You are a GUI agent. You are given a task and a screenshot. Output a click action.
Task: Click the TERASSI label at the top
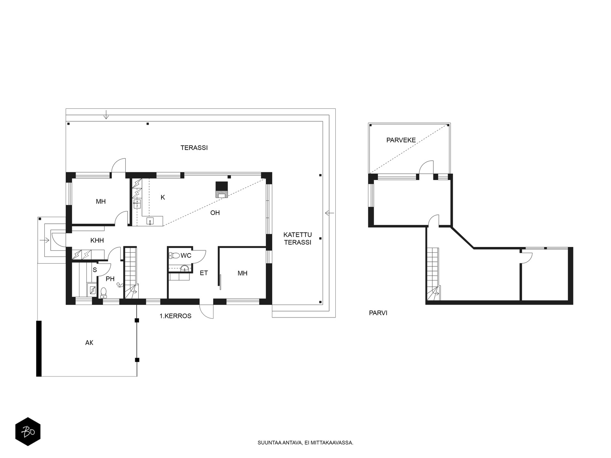click(194, 148)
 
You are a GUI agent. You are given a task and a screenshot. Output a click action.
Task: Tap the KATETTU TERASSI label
click(297, 239)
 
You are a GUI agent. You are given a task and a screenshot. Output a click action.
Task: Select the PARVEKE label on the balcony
click(401, 140)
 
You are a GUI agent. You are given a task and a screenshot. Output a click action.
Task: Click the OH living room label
click(215, 213)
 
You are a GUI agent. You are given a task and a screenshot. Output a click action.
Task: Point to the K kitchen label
click(163, 197)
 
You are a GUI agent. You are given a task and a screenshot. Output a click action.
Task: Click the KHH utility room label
click(97, 240)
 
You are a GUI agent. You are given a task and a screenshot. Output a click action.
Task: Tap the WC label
click(186, 255)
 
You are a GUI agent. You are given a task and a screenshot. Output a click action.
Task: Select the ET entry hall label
click(204, 273)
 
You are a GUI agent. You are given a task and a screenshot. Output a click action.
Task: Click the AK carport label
click(89, 343)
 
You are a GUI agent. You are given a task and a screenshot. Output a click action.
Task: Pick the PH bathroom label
click(110, 279)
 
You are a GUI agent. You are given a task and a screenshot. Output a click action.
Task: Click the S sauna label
click(95, 270)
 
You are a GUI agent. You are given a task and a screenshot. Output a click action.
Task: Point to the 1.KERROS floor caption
click(175, 316)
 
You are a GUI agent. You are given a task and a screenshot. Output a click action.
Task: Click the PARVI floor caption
click(378, 313)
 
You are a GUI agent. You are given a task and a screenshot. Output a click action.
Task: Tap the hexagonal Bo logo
click(28, 432)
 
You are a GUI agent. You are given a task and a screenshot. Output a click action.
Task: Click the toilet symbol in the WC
click(174, 255)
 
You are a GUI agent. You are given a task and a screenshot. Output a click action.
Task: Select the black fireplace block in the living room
click(221, 186)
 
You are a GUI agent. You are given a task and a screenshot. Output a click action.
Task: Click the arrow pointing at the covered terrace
click(329, 213)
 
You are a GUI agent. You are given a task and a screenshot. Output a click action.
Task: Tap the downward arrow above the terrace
click(106, 114)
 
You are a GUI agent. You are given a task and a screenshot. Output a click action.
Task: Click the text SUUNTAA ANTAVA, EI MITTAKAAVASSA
click(305, 443)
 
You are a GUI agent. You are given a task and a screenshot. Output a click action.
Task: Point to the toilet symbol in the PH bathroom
click(103, 293)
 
